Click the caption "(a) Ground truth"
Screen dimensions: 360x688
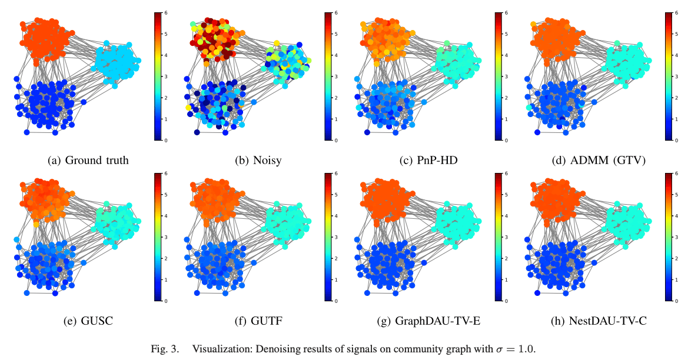pyautogui.click(x=88, y=160)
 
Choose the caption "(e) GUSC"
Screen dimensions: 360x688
pyautogui.click(x=88, y=321)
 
